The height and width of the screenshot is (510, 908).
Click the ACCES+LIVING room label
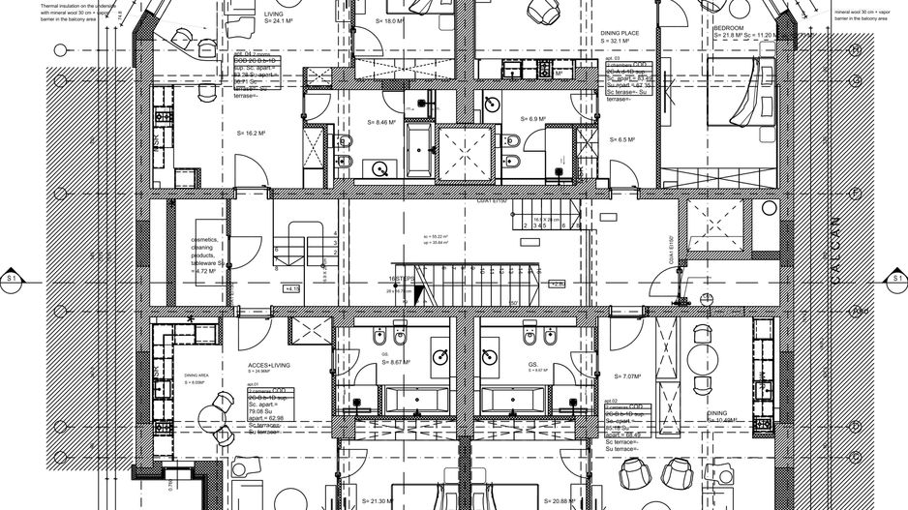click(269, 365)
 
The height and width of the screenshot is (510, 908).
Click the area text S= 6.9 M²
click(533, 119)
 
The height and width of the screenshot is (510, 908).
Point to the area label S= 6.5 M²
click(621, 139)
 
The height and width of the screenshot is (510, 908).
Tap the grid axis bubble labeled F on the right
click(856, 193)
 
